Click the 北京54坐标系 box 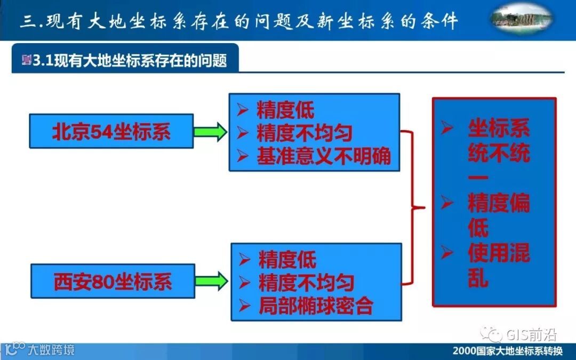pyautogui.click(x=111, y=131)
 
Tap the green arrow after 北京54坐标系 pyautogui.click(x=210, y=131)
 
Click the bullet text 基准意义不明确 pyautogui.click(x=324, y=156)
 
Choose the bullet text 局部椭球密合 pyautogui.click(x=316, y=306)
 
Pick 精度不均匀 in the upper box pyautogui.click(x=305, y=133)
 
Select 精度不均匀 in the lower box pyautogui.click(x=306, y=283)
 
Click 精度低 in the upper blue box pyautogui.click(x=285, y=110)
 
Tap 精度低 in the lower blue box pyautogui.click(x=287, y=260)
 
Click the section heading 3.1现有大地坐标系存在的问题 pyautogui.click(x=130, y=60)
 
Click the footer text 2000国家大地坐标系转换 pyautogui.click(x=507, y=351)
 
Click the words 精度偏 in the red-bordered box pyautogui.click(x=499, y=203)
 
